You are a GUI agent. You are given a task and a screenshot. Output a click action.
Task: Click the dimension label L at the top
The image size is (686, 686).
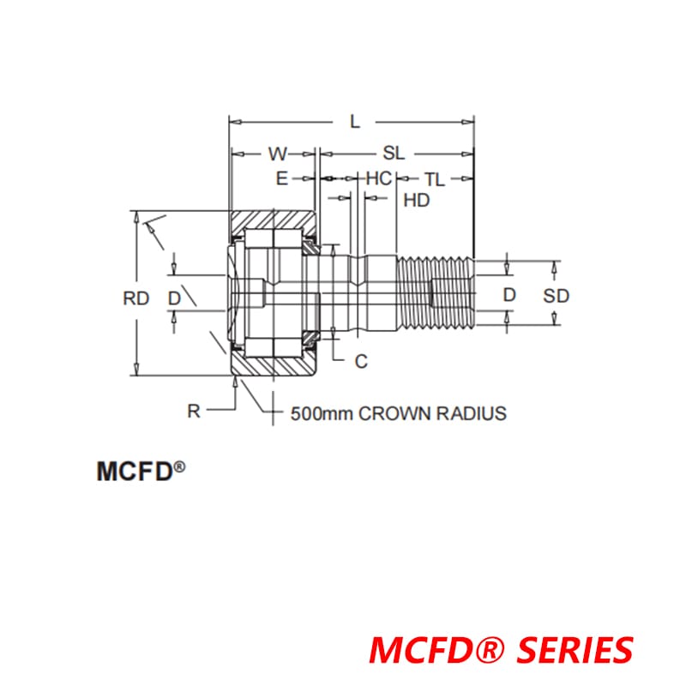pyautogui.click(x=355, y=121)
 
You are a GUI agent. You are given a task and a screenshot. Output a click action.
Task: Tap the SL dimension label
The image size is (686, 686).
pyautogui.click(x=394, y=153)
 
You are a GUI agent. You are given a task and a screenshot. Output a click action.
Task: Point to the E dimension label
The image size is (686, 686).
pyautogui.click(x=281, y=178)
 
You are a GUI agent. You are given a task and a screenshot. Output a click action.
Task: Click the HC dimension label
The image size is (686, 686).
pyautogui.click(x=378, y=178)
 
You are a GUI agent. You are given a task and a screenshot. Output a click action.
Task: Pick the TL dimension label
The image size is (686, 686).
pyautogui.click(x=435, y=178)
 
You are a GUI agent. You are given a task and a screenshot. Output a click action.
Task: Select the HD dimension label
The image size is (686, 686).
pyautogui.click(x=416, y=201)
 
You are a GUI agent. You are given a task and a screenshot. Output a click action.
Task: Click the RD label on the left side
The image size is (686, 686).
pyautogui.click(x=136, y=298)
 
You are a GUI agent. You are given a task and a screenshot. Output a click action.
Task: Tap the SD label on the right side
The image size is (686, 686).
pyautogui.click(x=557, y=295)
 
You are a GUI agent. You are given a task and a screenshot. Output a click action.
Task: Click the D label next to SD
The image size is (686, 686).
pyautogui.click(x=510, y=295)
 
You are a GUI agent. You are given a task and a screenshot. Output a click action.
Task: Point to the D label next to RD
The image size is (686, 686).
pyautogui.click(x=174, y=298)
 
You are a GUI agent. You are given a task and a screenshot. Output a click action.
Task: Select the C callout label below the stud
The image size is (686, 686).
pyautogui.click(x=361, y=361)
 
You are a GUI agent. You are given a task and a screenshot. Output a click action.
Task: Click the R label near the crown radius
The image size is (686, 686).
pyautogui.click(x=194, y=411)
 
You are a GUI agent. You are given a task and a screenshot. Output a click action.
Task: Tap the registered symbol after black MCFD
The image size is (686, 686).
pyautogui.click(x=180, y=466)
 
